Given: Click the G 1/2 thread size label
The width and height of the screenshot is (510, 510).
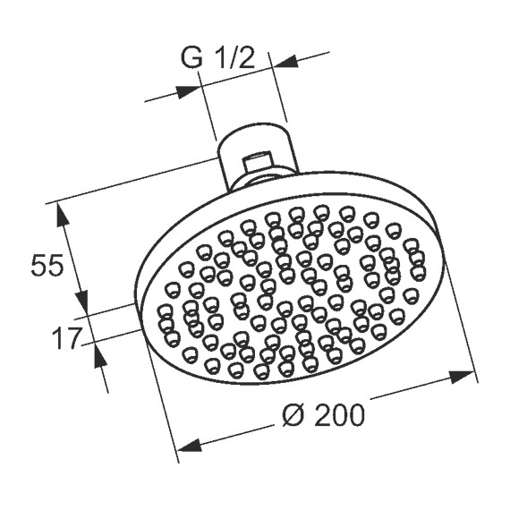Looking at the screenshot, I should pos(218,58).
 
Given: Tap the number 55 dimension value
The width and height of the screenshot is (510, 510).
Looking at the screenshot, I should pos(47,266).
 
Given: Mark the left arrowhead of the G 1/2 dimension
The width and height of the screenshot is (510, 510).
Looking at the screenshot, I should pos(189,89).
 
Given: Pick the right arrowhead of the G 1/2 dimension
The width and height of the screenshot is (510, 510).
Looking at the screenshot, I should pos(285,62).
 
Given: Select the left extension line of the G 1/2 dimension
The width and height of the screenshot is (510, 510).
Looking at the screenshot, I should pos(208,112).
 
